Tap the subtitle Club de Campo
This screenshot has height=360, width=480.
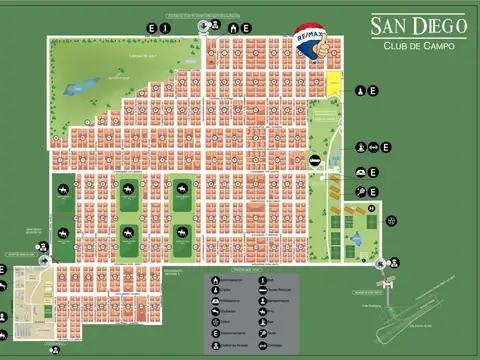pyautogui.click(x=412, y=45)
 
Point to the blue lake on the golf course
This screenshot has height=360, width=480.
pyautogui.click(x=76, y=89)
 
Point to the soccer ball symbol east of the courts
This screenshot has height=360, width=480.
pyautogui.click(x=391, y=220)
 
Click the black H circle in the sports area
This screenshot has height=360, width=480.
pyautogui.click(x=370, y=208)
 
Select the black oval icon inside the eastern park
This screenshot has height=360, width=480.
pyautogui.click(x=314, y=161)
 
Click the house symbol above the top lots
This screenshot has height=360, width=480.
pyautogui.click(x=233, y=27)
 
